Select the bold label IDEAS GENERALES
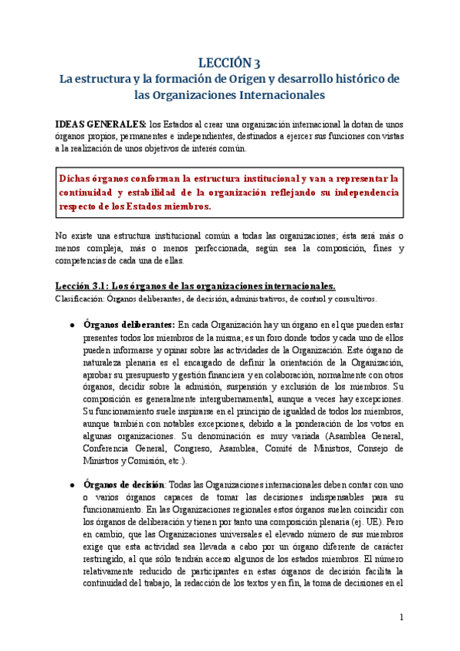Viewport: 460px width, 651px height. pyautogui.click(x=100, y=124)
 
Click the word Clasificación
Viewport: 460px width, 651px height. pyautogui.click(x=81, y=299)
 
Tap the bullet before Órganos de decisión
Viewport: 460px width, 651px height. pyautogui.click(x=72, y=485)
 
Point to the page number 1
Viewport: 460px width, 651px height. pyautogui.click(x=400, y=617)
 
